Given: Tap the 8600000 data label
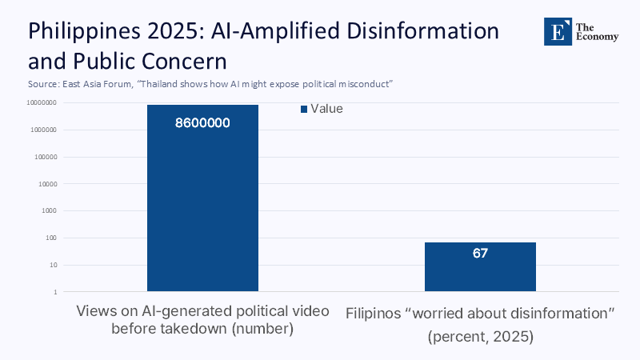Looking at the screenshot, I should (203, 123).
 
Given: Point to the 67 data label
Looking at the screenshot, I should (480, 254).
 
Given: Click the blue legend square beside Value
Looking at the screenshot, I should (304, 110).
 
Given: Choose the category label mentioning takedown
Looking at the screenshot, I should (202, 329).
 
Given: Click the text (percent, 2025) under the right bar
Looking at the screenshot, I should (480, 337).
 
